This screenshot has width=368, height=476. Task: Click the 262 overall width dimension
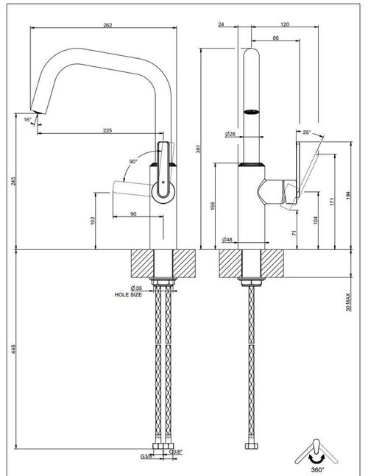tap(107, 25)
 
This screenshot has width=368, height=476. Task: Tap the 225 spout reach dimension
tap(107, 130)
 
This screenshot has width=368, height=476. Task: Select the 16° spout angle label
tap(28, 120)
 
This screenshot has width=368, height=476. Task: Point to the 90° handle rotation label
tap(133, 162)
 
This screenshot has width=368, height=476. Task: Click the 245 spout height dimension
tap(13, 181)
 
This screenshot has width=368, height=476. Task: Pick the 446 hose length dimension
tap(13, 349)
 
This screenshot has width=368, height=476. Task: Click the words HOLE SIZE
tap(128, 294)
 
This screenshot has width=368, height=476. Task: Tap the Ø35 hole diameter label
tap(136, 288)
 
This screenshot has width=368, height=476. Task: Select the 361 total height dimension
tap(198, 149)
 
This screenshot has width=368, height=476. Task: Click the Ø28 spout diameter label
tap(230, 134)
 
